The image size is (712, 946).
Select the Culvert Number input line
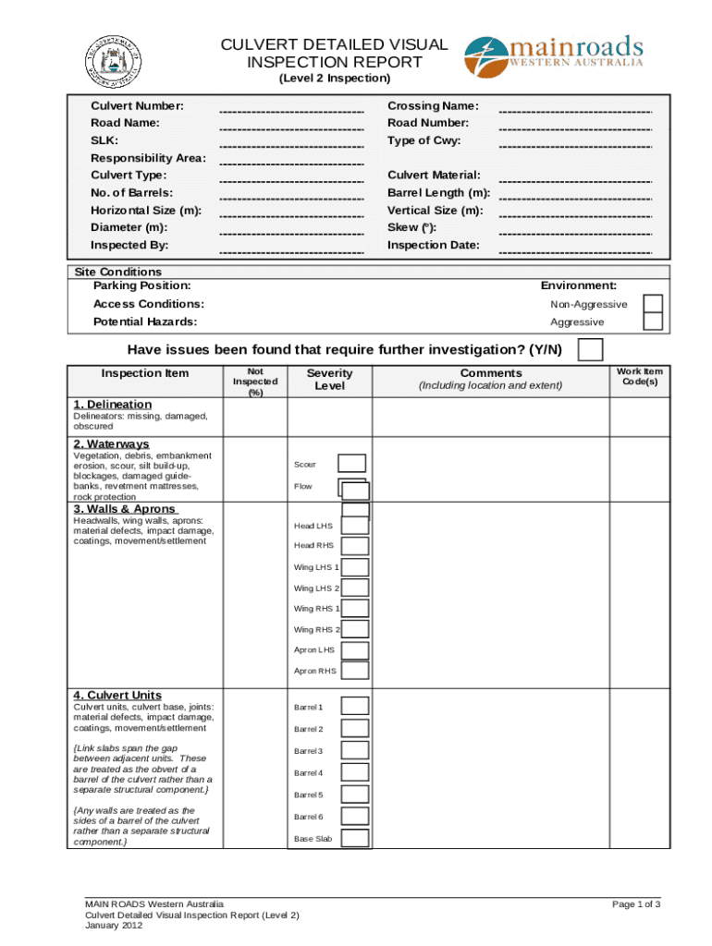(x=291, y=109)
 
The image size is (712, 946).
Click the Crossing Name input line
(x=575, y=109)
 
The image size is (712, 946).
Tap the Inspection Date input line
(x=575, y=249)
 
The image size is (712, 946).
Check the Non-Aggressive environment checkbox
(x=653, y=304)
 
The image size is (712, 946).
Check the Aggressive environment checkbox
(x=653, y=321)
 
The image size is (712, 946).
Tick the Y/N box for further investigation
(x=590, y=350)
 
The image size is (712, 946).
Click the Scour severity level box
(x=351, y=464)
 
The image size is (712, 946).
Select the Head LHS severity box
(x=355, y=525)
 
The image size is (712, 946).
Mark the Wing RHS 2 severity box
(x=355, y=629)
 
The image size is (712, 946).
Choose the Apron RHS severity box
(x=355, y=671)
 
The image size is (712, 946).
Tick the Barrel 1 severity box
(x=355, y=707)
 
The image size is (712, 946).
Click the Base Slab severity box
(x=355, y=838)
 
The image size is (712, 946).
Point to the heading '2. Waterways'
(x=111, y=444)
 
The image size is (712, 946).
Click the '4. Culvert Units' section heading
(x=117, y=695)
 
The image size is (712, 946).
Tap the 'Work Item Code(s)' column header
(x=640, y=377)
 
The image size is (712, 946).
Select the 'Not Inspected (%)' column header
(x=255, y=382)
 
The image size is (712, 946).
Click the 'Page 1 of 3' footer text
(x=635, y=904)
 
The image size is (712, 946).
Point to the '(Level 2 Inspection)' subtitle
(x=334, y=79)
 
